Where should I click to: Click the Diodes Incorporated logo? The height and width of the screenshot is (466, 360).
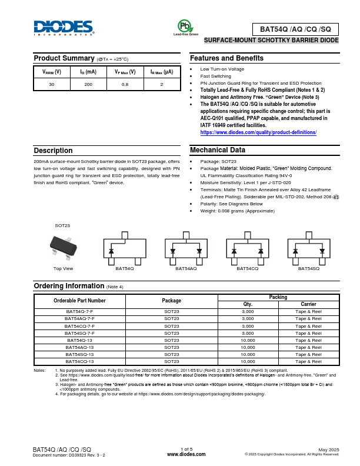tap(64, 28)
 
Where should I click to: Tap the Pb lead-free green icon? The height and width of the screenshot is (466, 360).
tap(185, 26)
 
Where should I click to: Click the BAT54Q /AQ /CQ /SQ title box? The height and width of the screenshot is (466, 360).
tap(295, 29)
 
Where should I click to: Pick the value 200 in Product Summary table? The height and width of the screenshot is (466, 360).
tap(88, 84)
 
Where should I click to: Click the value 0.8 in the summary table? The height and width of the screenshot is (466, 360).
tap(125, 84)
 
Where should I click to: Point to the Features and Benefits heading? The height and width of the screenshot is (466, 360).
tap(226, 58)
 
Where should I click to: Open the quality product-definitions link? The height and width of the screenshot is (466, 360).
tap(258, 132)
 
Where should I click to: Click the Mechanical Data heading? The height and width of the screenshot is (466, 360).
tap(217, 151)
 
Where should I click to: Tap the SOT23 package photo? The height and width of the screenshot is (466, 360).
tap(62, 246)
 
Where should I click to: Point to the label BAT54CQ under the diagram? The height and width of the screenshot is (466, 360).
tap(247, 268)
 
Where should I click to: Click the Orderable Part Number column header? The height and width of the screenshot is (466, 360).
tap(79, 300)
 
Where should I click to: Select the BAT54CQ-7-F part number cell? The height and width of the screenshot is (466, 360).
tap(79, 325)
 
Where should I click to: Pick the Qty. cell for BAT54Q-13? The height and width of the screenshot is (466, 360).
tap(248, 340)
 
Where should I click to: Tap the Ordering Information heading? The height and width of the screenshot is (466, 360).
tap(68, 286)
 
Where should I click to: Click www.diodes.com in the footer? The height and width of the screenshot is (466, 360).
tap(186, 454)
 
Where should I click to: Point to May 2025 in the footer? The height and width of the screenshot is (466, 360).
tap(329, 450)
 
